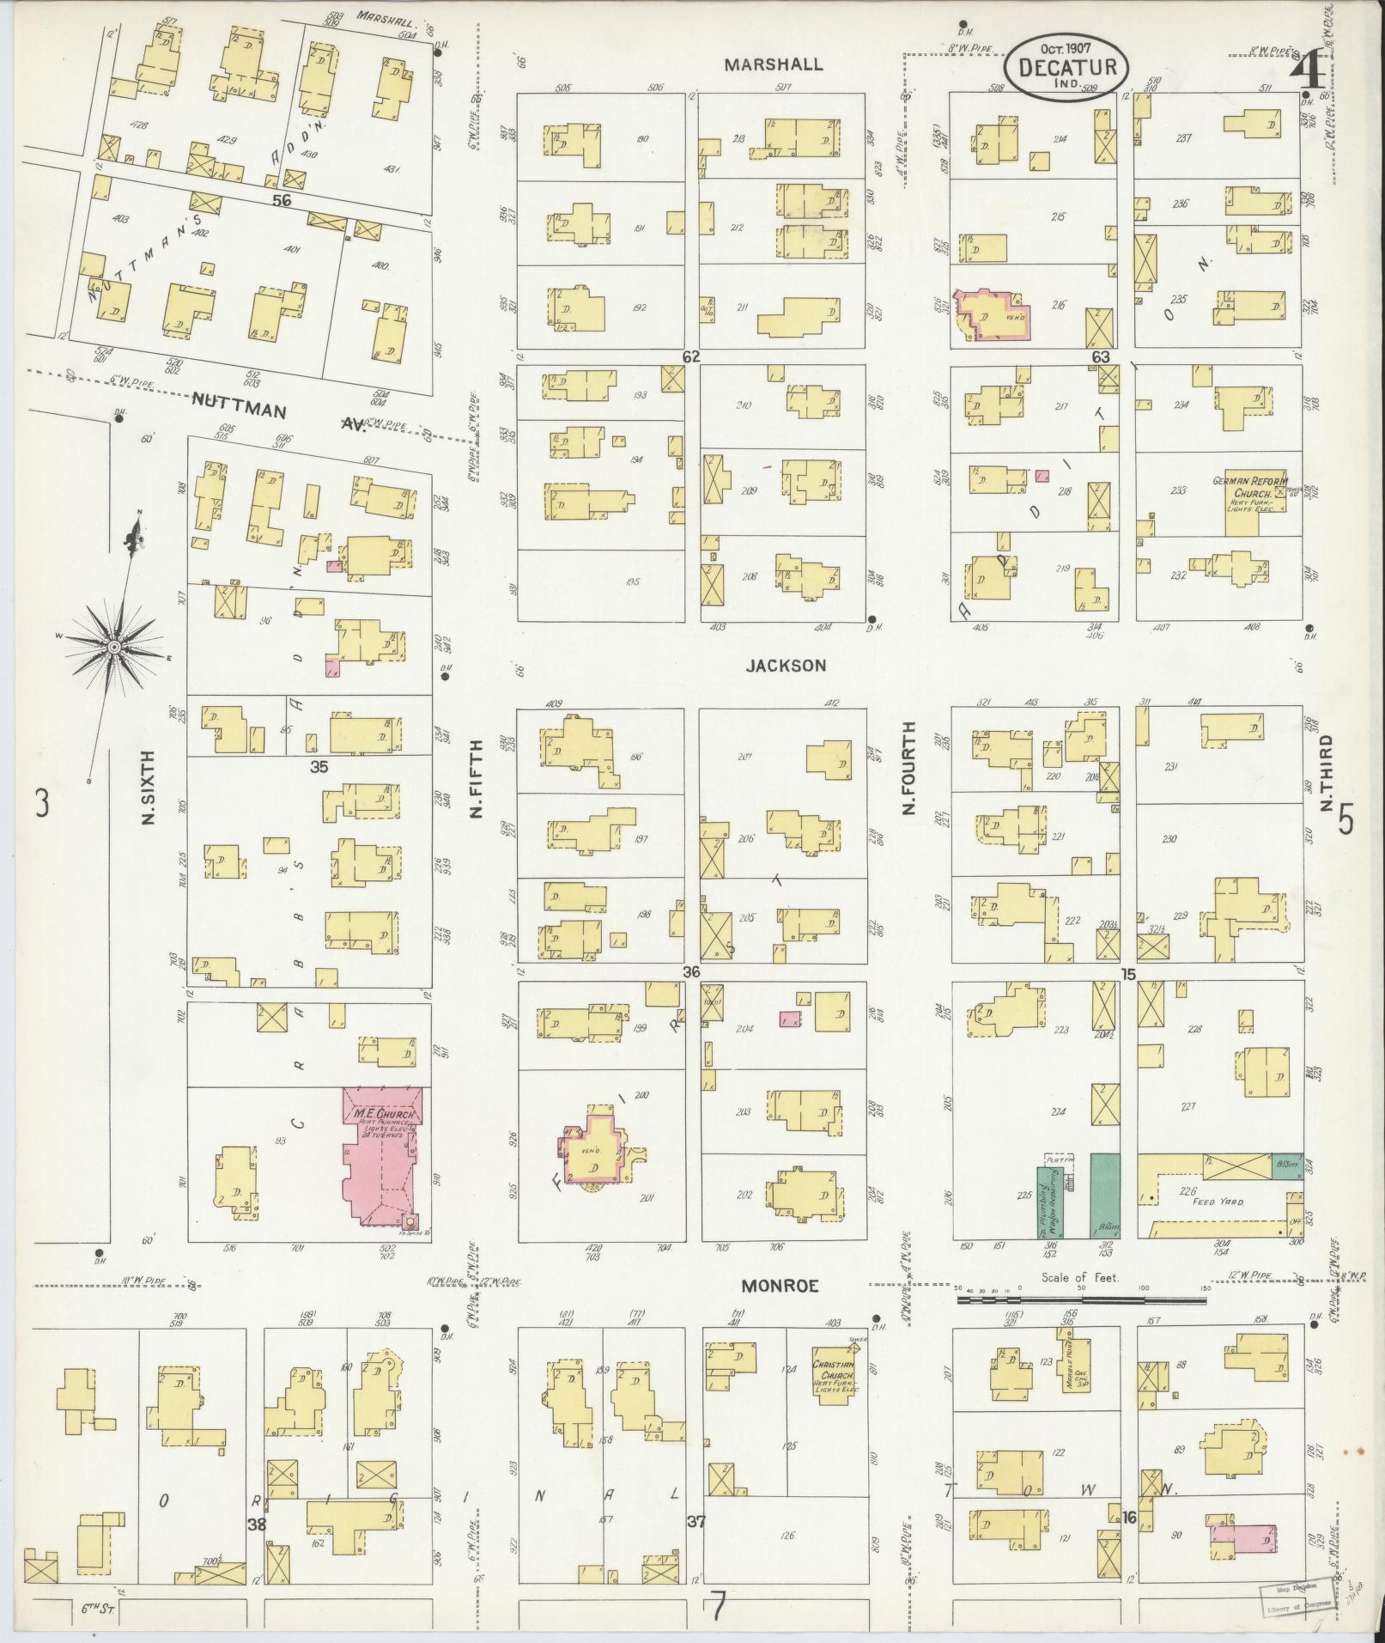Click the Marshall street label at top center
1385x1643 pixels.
774,64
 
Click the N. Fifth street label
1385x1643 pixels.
477,779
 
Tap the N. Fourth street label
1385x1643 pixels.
909,769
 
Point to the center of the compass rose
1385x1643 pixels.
113,645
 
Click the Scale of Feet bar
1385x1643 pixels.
1081,1325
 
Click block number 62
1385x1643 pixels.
691,356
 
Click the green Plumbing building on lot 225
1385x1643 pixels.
1048,1202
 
